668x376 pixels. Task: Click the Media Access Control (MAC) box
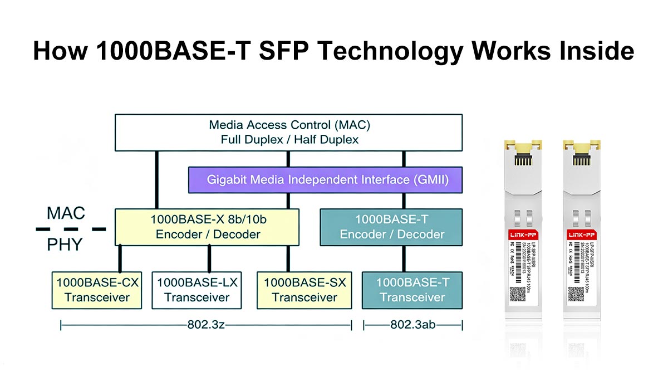[288, 132]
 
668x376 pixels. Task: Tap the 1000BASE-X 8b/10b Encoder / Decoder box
[207, 227]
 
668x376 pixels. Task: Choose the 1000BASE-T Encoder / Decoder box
[391, 227]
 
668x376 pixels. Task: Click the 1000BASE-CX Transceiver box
[97, 290]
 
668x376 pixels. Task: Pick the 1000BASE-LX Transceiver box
[197, 290]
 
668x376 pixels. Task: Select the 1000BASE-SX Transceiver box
[304, 290]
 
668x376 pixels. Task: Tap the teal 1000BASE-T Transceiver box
[412, 290]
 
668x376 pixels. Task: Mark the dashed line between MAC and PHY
[70, 228]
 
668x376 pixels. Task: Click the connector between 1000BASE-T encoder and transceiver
[404, 258]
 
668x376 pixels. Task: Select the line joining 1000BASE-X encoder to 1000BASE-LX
[209, 258]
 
